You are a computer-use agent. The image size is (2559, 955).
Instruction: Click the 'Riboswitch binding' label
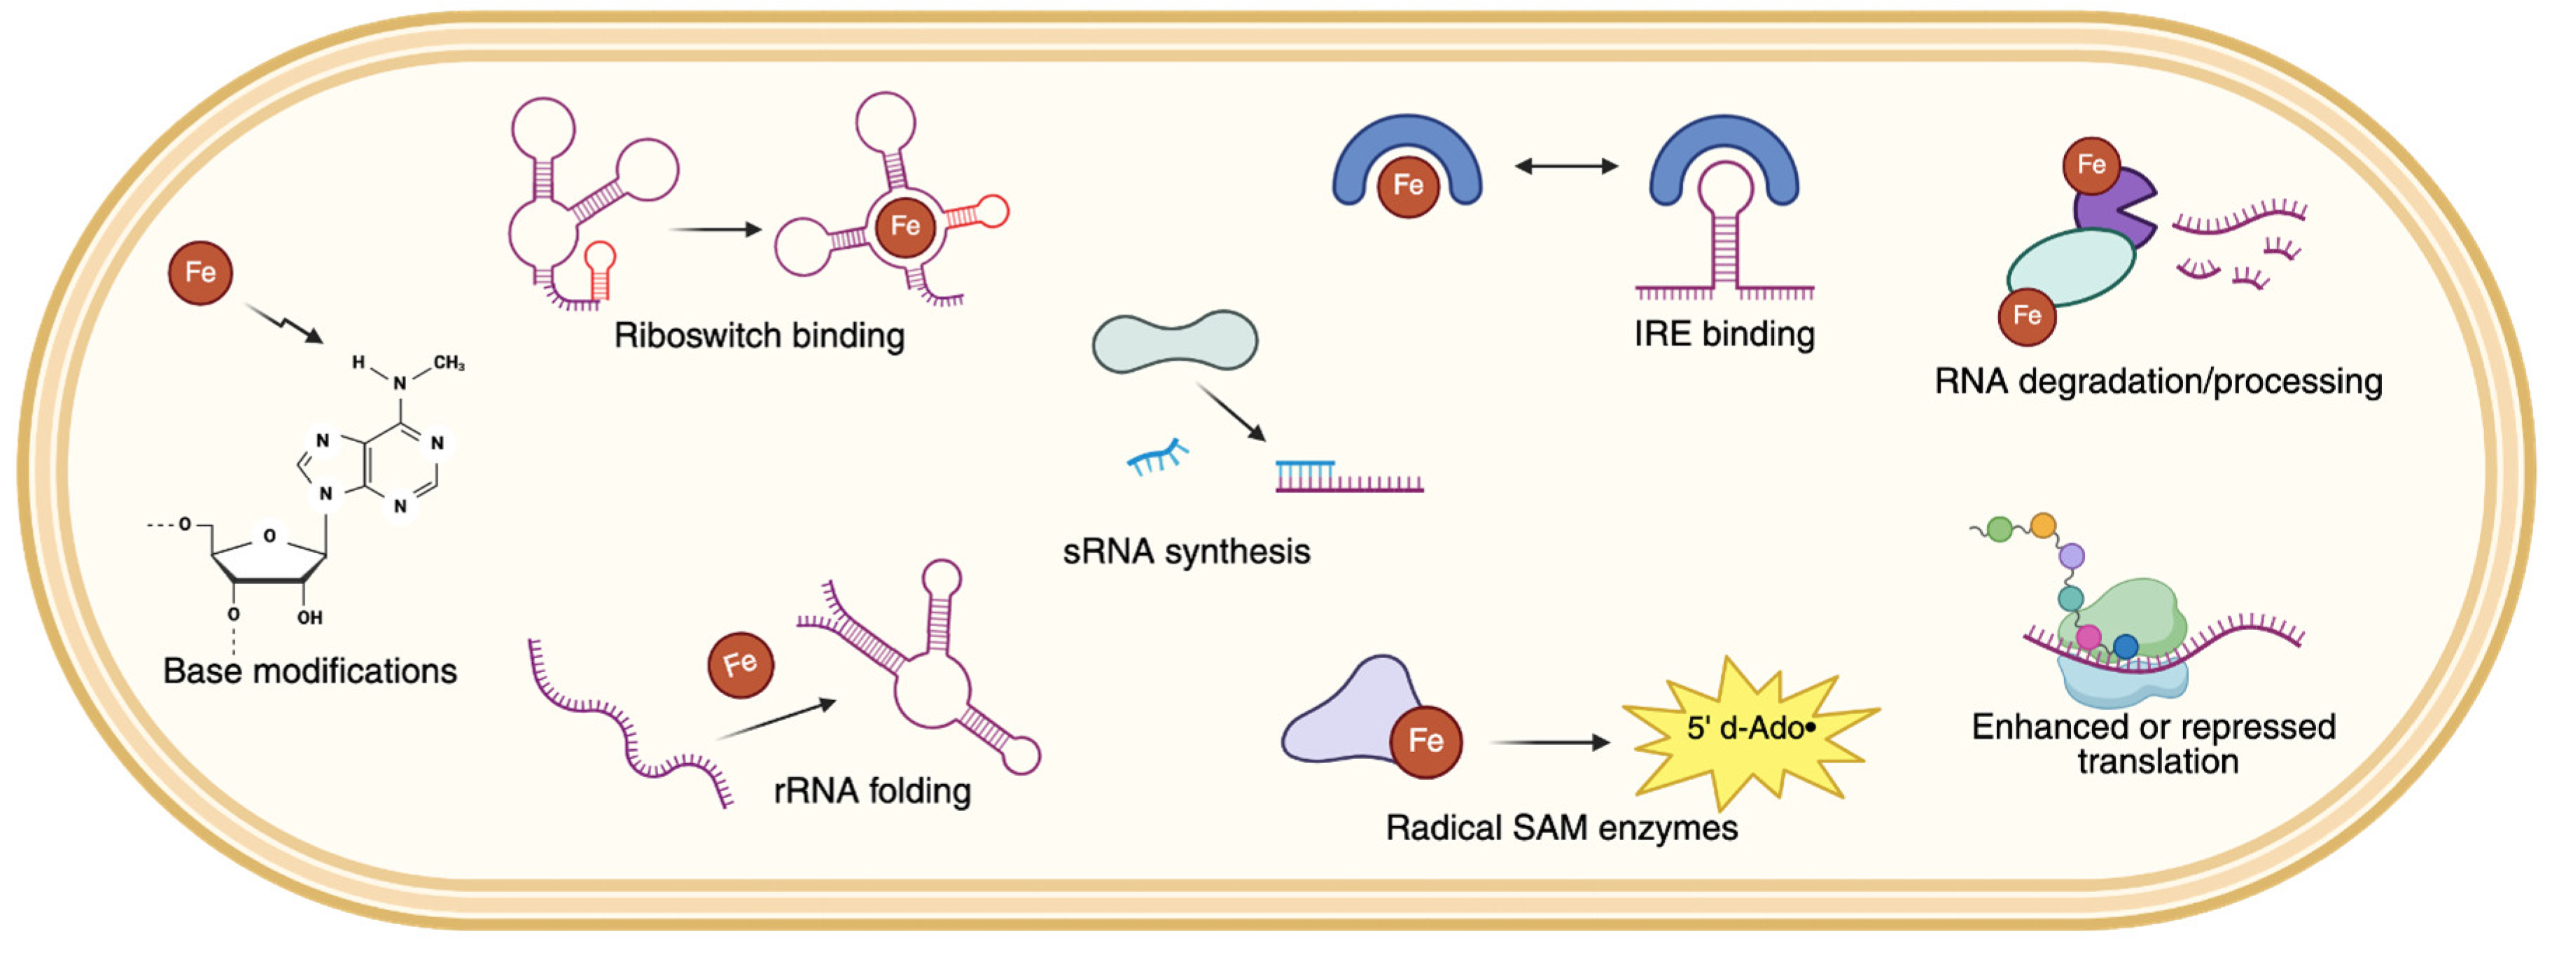coord(759,336)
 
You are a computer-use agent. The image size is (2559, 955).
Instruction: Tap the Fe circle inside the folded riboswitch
coord(904,227)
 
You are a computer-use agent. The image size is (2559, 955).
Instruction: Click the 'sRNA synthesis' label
coord(1186,552)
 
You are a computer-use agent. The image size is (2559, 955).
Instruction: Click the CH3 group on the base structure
coord(449,363)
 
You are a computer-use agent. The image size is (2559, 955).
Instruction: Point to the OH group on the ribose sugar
coord(310,617)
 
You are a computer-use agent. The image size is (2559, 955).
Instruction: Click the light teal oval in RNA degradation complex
coord(2070,268)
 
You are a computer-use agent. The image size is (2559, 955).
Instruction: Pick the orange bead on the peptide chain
coord(2042,524)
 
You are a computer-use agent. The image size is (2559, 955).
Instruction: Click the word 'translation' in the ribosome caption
coord(2158,762)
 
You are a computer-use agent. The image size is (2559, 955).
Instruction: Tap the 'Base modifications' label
coord(310,671)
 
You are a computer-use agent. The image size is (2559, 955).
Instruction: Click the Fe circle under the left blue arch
coord(1408,186)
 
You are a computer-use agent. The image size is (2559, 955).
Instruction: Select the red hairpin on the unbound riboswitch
coord(599,268)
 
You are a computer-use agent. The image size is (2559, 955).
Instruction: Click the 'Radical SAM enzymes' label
coord(1561,828)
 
